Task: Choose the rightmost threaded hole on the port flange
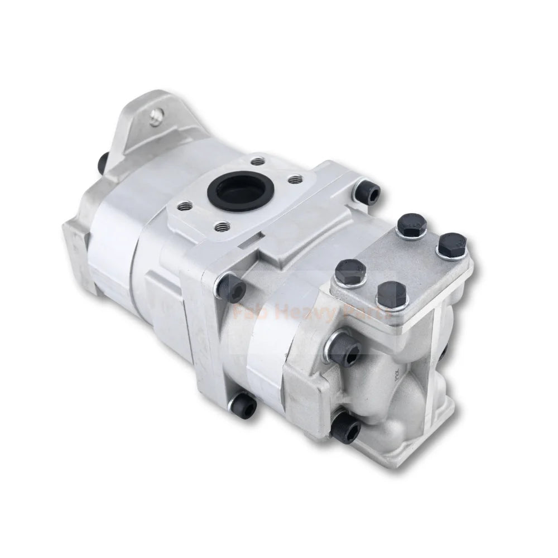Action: click(296, 179)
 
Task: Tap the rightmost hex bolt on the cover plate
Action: click(451, 246)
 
